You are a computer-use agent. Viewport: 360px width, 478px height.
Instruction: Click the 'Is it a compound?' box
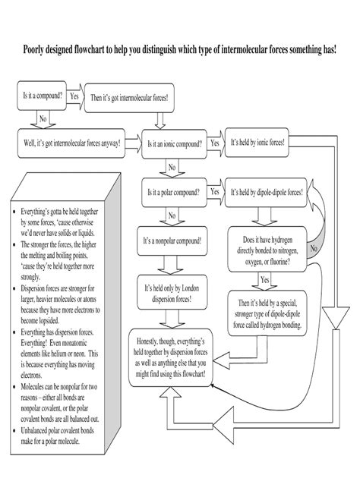tap(41, 96)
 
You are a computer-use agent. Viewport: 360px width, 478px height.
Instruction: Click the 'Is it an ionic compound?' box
tap(173, 143)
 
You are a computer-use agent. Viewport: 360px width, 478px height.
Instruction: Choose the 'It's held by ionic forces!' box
tap(257, 143)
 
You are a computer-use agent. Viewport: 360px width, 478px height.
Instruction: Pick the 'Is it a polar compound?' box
tap(173, 192)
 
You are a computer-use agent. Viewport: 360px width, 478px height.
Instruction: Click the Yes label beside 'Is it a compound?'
tap(74, 96)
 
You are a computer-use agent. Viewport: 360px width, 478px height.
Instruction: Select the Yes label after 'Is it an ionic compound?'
tap(215, 143)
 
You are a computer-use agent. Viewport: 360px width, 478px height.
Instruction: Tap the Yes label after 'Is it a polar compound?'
tap(215, 192)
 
